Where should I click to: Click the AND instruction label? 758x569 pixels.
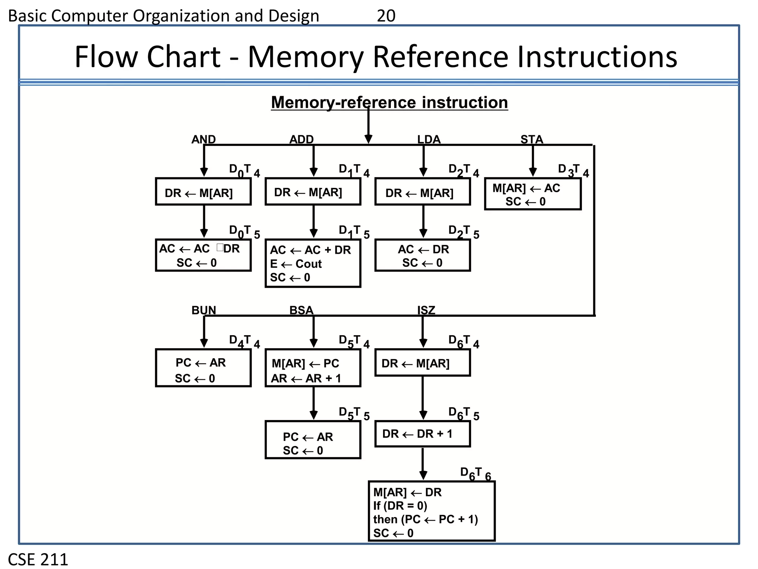click(x=203, y=139)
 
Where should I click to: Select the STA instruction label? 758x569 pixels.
click(x=531, y=139)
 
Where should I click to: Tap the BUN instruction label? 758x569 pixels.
click(x=204, y=310)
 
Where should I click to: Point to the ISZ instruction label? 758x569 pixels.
click(x=426, y=310)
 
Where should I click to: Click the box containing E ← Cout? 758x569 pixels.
click(x=313, y=263)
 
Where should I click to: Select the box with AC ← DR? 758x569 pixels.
click(x=422, y=256)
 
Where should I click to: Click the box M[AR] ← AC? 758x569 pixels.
click(x=533, y=194)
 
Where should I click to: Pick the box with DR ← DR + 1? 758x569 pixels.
click(x=422, y=434)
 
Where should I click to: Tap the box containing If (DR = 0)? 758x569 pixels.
click(x=432, y=512)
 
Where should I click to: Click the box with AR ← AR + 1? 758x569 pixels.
click(x=313, y=368)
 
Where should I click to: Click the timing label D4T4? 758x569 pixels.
click(x=244, y=341)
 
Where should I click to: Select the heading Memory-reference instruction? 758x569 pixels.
click(x=389, y=103)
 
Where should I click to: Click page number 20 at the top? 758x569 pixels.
click(x=386, y=16)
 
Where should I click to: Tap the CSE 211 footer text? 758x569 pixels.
click(x=38, y=559)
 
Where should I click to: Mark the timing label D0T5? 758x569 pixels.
click(x=244, y=232)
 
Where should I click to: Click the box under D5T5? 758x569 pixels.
click(x=313, y=440)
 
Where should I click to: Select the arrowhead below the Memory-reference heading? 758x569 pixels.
click(x=368, y=139)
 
